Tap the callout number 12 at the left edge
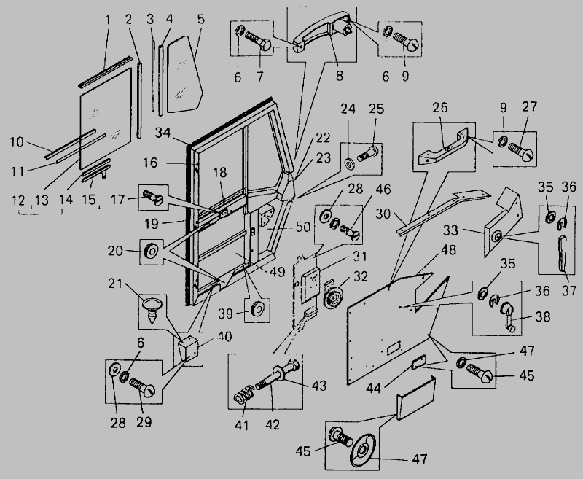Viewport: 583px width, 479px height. click(20, 200)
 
